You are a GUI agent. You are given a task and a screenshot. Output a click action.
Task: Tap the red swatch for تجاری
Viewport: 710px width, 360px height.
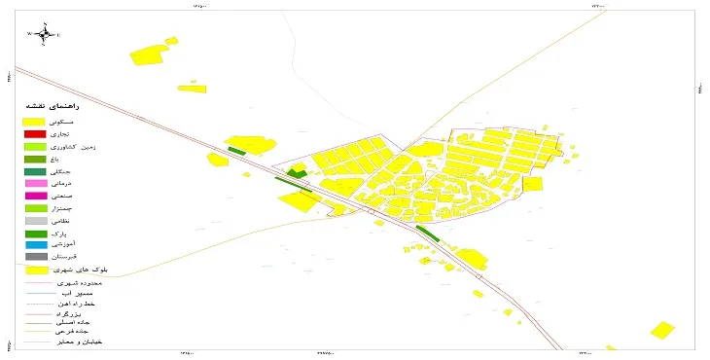tap(36, 133)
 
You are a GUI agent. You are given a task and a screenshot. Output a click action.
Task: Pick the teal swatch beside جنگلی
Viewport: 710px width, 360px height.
tap(36, 171)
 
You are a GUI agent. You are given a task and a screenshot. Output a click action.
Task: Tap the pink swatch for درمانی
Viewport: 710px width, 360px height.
tap(36, 184)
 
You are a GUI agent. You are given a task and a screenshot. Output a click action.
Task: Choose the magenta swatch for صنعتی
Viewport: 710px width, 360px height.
tap(36, 197)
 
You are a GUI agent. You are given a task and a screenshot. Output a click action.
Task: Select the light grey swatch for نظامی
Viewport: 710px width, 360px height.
tap(36, 222)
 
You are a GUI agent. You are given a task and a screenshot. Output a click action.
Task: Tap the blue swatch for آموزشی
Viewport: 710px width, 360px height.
tap(36, 245)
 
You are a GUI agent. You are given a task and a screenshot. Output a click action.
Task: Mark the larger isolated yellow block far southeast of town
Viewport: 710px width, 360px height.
tap(662, 330)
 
